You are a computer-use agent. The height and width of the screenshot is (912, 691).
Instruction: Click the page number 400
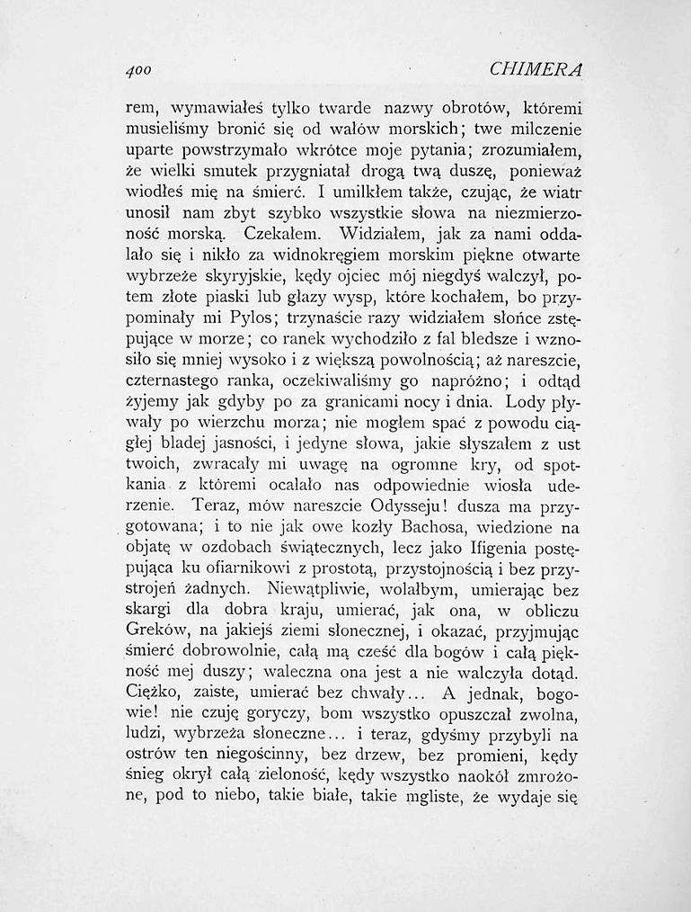(x=137, y=69)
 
